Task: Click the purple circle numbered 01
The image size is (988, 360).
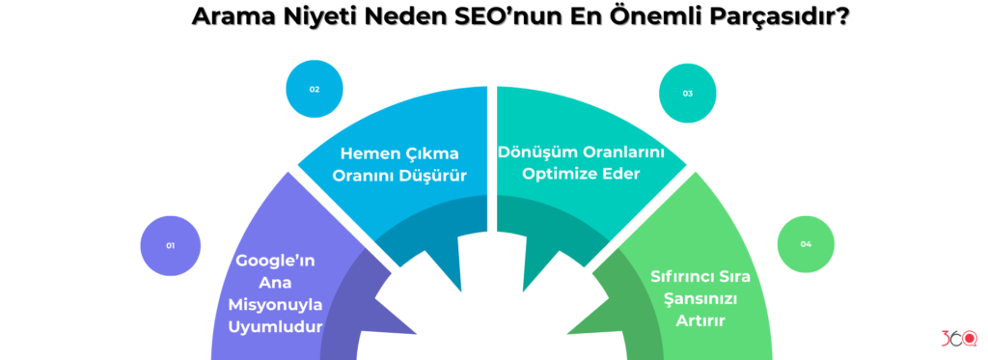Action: (x=170, y=245)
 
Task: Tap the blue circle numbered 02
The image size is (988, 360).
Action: (x=315, y=89)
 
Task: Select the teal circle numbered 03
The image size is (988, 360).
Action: (x=687, y=94)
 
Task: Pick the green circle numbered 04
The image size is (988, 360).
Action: (x=806, y=244)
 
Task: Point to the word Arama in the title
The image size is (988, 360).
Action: (x=232, y=17)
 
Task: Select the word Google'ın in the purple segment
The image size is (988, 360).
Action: (x=276, y=261)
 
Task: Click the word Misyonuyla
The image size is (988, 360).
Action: (x=276, y=304)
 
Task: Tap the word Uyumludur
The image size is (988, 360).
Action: (x=276, y=326)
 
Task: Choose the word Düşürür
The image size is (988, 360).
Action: (x=431, y=176)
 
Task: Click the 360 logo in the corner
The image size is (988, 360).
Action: (x=958, y=340)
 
